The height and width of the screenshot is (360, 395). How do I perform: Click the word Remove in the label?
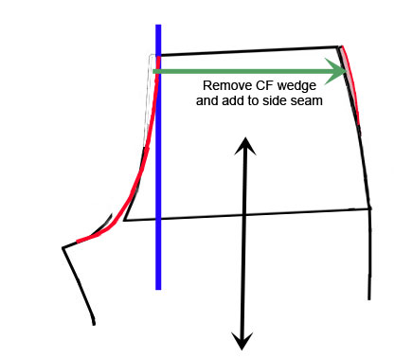(224, 85)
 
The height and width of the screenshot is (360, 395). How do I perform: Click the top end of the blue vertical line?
(158, 27)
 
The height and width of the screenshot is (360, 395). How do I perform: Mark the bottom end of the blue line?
(158, 287)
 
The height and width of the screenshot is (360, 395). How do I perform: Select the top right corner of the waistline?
(339, 45)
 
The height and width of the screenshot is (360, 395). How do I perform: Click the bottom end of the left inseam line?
(94, 323)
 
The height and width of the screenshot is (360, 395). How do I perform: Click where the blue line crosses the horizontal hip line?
(158, 219)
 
